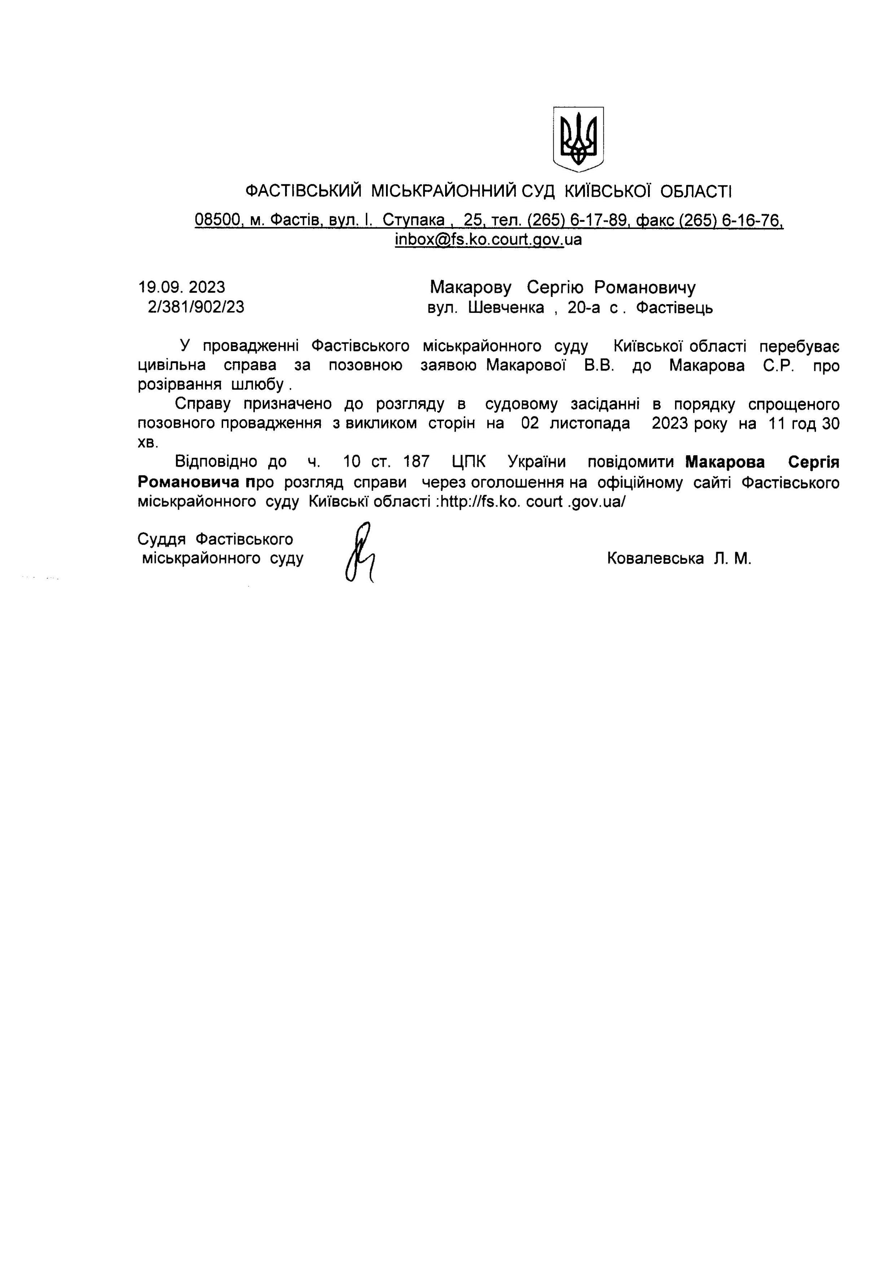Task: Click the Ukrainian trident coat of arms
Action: click(x=578, y=139)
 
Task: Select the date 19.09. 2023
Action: click(x=182, y=287)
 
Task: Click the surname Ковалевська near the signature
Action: click(x=655, y=558)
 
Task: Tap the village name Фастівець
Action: click(x=674, y=307)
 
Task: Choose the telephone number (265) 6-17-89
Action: click(x=578, y=220)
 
